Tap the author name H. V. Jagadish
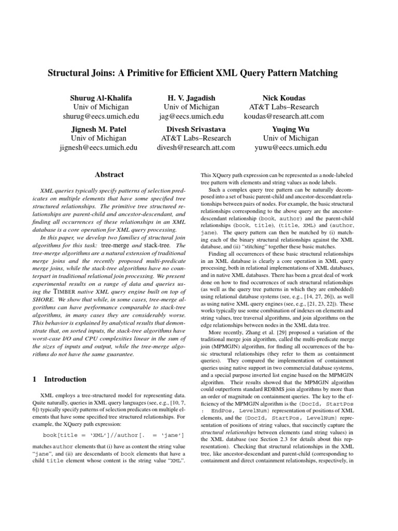tap(191, 98)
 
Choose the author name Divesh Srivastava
tap(195, 129)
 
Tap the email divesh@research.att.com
tap(195, 148)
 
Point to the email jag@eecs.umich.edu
tap(191, 117)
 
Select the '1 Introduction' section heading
tap(59, 379)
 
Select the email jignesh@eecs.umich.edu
tap(98, 148)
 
